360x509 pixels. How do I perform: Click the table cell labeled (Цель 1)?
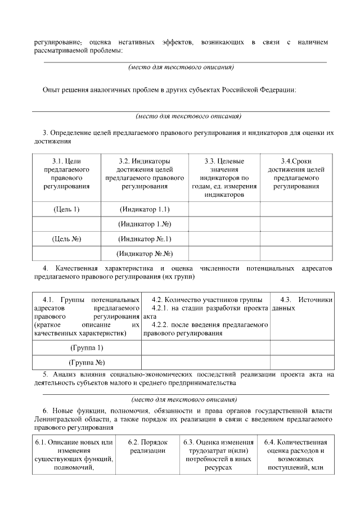click(x=66, y=209)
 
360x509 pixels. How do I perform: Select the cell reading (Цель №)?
click(x=66, y=238)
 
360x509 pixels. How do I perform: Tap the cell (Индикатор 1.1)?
click(x=145, y=209)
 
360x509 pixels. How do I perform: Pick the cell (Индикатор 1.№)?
click(x=145, y=224)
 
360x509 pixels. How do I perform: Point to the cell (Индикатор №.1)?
click(x=145, y=238)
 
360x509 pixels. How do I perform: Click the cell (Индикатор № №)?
click(x=145, y=254)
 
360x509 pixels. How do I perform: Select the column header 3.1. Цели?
click(x=66, y=174)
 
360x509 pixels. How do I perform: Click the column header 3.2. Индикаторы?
click(x=145, y=174)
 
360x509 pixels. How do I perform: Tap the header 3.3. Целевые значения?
click(x=223, y=178)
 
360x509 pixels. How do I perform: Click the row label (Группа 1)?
click(x=86, y=347)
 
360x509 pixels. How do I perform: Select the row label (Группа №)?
click(x=86, y=362)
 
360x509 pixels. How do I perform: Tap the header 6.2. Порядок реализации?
click(x=147, y=447)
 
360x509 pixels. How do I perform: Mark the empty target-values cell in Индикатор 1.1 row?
click(x=223, y=209)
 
